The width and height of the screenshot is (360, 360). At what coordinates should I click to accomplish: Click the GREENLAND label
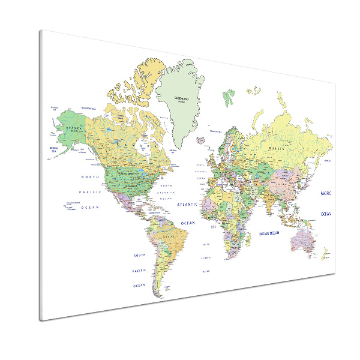(181, 98)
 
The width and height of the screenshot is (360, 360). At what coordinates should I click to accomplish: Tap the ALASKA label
(77, 128)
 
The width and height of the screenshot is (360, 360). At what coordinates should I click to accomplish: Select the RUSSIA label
(277, 148)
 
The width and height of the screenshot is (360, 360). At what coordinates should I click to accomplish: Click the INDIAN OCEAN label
(269, 233)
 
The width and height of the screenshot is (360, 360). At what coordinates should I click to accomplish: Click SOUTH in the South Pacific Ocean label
(140, 256)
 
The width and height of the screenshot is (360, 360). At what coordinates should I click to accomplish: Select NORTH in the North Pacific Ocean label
(91, 177)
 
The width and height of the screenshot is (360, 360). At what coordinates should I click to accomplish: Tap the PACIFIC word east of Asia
(325, 193)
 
